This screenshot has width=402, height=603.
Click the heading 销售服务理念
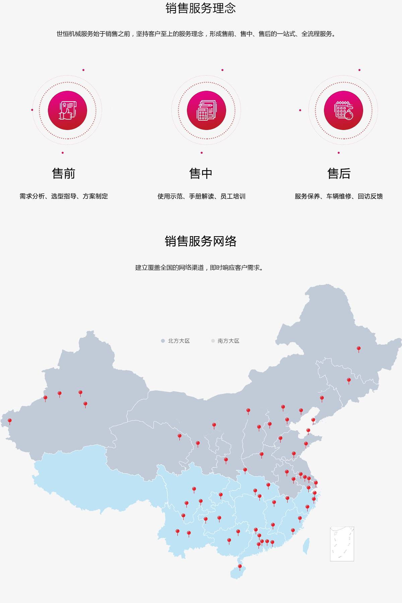(201, 8)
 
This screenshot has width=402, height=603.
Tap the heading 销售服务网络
(201, 241)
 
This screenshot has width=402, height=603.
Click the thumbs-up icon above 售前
(67, 110)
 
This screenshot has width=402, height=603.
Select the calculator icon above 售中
(206, 110)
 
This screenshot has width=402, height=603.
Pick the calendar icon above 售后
(343, 110)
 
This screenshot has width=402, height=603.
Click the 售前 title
(64, 174)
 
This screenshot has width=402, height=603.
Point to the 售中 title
(201, 174)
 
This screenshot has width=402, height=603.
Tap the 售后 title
(339, 174)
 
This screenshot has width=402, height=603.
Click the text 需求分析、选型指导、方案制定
(64, 196)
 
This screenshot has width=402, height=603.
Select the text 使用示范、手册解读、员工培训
(201, 196)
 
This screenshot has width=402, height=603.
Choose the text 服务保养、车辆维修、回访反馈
(339, 196)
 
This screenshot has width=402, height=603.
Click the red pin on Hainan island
(240, 567)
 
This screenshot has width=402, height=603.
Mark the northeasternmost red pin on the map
(358, 349)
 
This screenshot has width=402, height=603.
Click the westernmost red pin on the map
(10, 421)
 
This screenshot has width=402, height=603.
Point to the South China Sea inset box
(342, 544)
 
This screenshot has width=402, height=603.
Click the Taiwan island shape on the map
(306, 546)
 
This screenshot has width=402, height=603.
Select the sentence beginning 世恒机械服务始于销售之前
(196, 34)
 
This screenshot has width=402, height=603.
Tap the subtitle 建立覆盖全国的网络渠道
(199, 268)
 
